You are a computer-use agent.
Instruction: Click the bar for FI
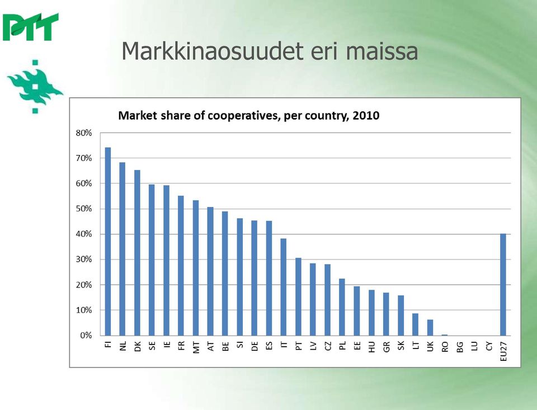coord(108,242)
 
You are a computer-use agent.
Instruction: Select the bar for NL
coord(123,249)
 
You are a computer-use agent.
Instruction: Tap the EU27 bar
coord(503,285)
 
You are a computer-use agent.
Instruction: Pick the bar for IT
coord(283,287)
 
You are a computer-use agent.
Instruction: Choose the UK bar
coord(430,327)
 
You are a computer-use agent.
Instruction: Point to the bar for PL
coord(342,307)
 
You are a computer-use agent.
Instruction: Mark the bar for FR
coord(181,266)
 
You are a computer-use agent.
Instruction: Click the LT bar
coord(416,324)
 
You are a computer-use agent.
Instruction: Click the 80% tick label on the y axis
coord(84,133)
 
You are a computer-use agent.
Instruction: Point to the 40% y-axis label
coord(84,234)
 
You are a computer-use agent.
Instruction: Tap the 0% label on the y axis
coord(86,336)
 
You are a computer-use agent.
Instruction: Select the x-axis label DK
coord(138,347)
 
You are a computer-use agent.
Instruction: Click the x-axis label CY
coord(489,346)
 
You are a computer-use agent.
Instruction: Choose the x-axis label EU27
coord(503,351)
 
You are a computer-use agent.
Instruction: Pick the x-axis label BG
coord(460,347)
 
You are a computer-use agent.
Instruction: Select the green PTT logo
coord(31,27)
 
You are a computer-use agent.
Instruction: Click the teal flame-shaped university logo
coord(35,87)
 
